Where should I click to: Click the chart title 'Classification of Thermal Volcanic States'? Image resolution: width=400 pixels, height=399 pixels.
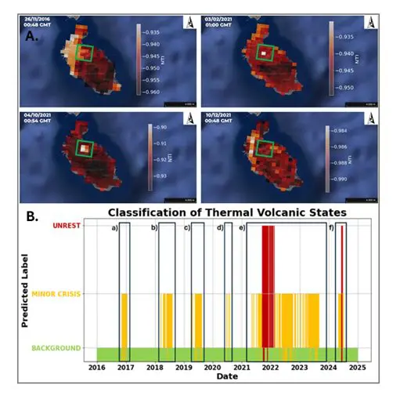click(x=225, y=212)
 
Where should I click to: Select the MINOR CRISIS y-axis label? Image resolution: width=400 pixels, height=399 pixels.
click(x=57, y=294)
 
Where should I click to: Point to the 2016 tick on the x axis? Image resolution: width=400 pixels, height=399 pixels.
click(x=96, y=366)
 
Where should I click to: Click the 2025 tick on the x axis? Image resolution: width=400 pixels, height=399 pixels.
click(x=358, y=366)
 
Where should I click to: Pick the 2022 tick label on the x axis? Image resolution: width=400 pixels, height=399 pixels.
click(x=271, y=366)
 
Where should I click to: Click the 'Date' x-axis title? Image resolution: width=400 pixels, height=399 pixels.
click(x=226, y=376)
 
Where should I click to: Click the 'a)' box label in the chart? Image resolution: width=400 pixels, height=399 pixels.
click(x=114, y=228)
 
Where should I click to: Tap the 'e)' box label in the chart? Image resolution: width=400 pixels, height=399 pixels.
click(x=242, y=228)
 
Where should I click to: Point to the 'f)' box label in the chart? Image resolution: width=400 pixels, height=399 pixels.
click(x=333, y=228)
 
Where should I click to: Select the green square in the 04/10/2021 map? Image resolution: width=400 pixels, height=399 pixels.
click(x=84, y=147)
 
